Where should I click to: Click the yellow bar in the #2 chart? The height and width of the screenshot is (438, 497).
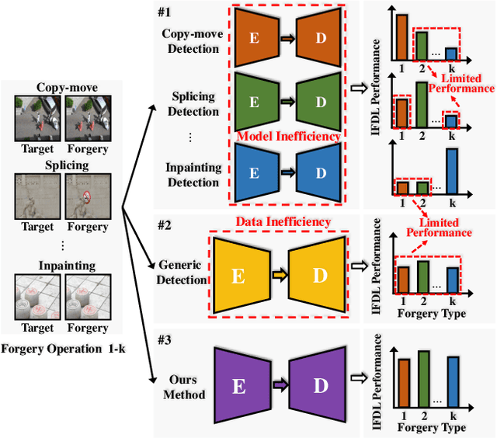click(x=402, y=278)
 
